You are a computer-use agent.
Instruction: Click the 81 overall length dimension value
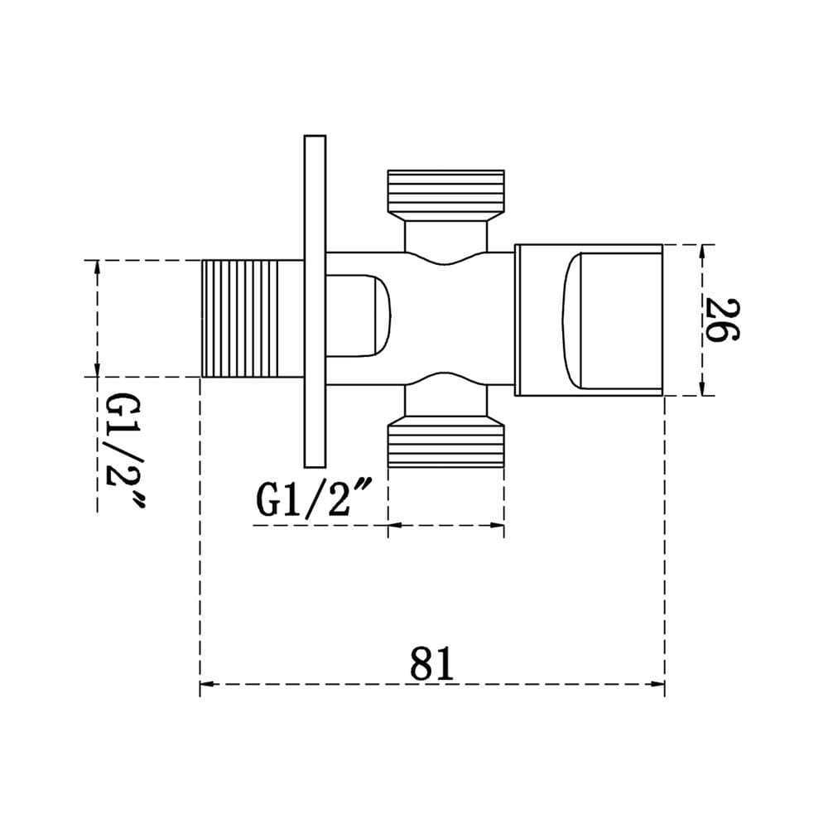pos(431,662)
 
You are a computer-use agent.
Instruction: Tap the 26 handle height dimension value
pos(722,320)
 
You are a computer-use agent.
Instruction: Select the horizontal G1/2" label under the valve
pos(315,498)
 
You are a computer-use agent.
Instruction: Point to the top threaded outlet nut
pos(446,195)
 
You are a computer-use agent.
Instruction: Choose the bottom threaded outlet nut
pos(446,441)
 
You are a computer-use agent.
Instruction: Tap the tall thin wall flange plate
pos(315,301)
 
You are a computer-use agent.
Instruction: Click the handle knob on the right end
pos(588,320)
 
